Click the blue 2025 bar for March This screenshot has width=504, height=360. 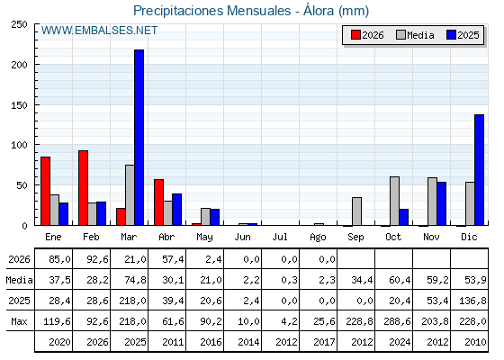point(139,138)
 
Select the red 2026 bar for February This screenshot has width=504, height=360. point(83,188)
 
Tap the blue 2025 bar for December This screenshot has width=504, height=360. point(479,170)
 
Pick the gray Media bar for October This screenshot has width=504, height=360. point(395,201)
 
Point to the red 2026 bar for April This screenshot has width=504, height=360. point(158,202)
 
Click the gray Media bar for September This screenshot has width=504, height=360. point(356,211)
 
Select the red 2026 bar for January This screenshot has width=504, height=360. point(45,191)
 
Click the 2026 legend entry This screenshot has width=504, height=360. point(367,35)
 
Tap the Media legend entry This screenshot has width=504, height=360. point(415,35)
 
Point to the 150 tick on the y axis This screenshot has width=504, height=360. point(19,105)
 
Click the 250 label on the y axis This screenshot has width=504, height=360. point(19,24)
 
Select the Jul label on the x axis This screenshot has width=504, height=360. point(280,237)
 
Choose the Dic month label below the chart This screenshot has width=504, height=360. point(469,237)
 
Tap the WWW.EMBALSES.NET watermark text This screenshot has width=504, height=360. point(99,31)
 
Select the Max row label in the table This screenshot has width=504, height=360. point(19,321)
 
